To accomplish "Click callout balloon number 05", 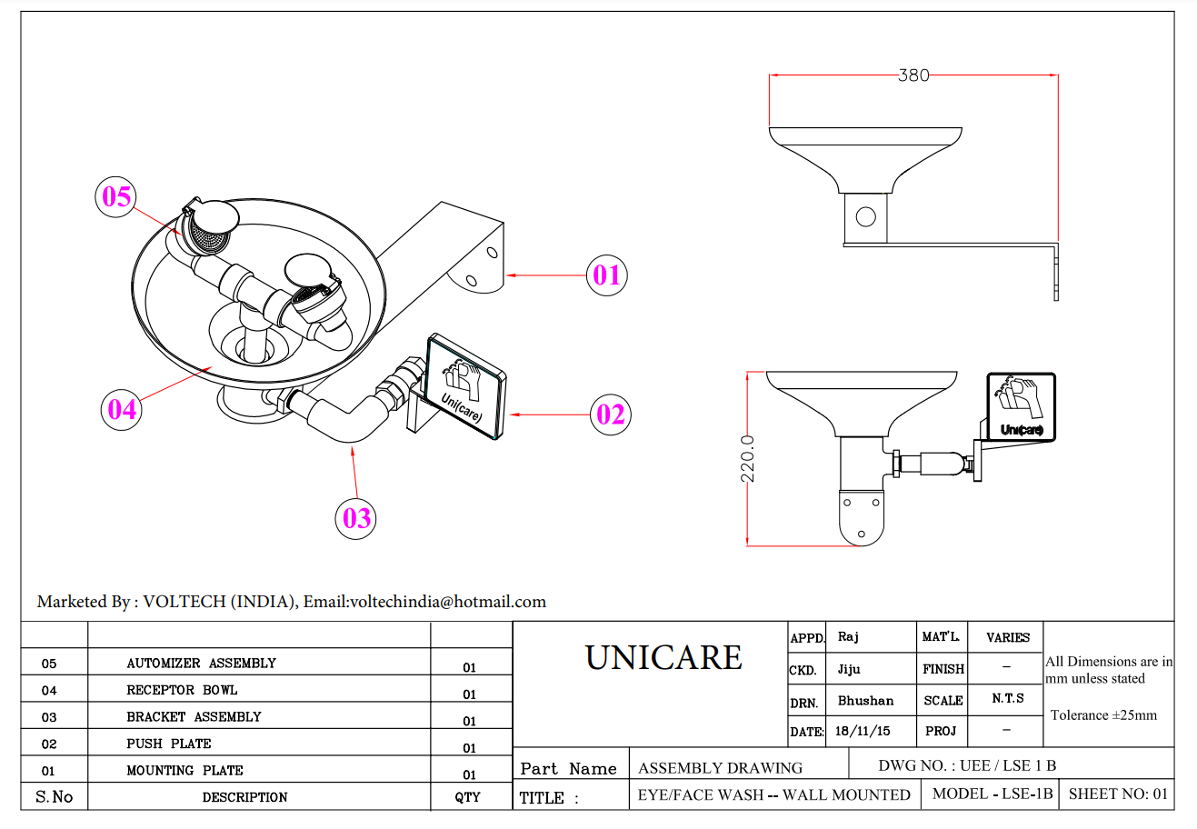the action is click(116, 196).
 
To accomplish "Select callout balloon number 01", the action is click(606, 275).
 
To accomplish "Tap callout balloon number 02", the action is click(610, 414).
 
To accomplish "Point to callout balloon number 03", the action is click(356, 518).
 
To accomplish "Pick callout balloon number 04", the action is click(121, 410).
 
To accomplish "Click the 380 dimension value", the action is click(913, 75).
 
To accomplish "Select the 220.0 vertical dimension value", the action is click(748, 459).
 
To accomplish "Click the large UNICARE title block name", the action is click(663, 657).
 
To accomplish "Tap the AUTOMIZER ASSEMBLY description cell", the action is click(201, 664).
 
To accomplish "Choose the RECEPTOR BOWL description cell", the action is click(182, 690).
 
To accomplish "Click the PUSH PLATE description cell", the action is click(169, 744).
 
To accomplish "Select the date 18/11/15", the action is click(863, 731).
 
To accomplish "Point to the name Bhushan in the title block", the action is click(865, 700).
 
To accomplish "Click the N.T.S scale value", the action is click(1008, 698).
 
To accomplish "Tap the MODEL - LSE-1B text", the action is click(993, 794).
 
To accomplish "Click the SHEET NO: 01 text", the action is click(1118, 794).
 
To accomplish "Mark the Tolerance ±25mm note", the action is click(1103, 715).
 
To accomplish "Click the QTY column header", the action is click(467, 797).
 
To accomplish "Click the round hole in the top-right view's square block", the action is click(865, 217).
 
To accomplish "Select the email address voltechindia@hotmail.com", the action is click(447, 602).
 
